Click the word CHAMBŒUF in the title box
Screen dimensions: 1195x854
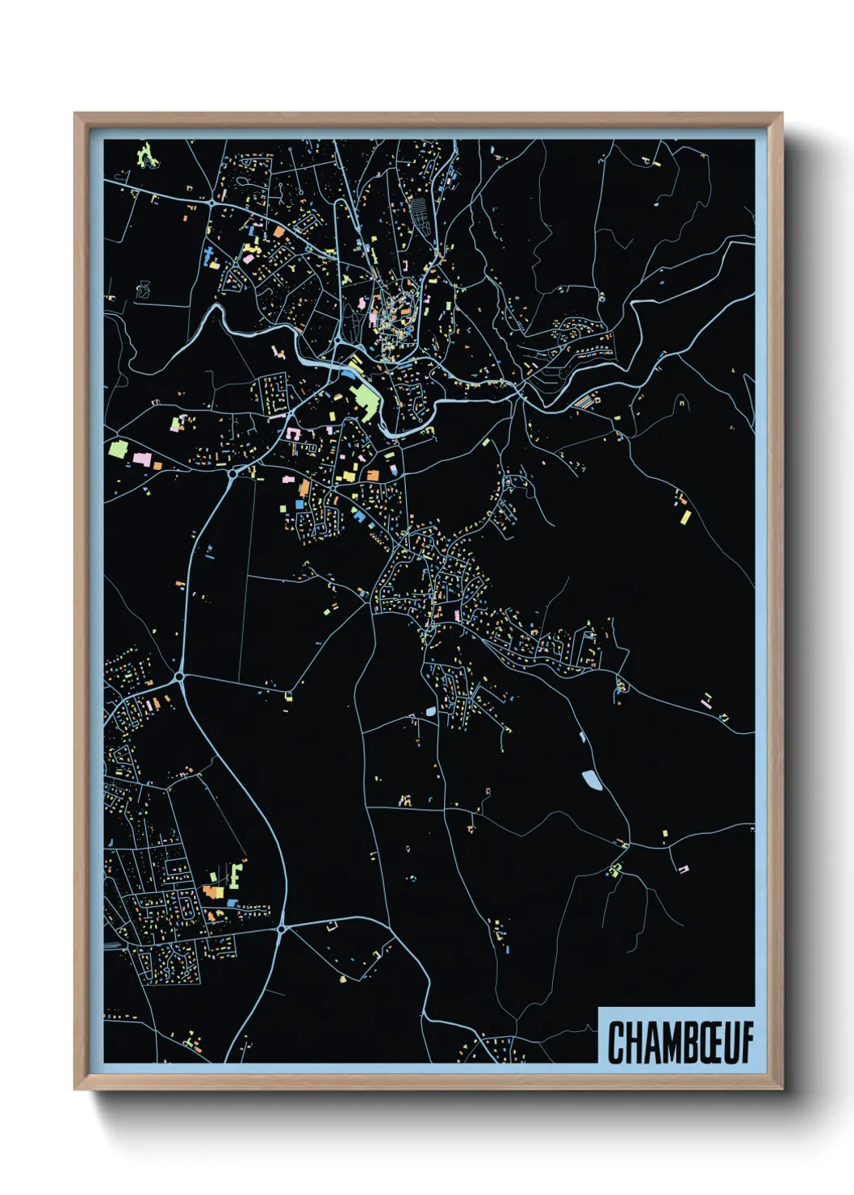tap(680, 1042)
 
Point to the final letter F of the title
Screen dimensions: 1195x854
tap(747, 1042)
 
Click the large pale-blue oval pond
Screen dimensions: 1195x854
tap(592, 780)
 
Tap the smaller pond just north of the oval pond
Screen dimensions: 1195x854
tap(581, 736)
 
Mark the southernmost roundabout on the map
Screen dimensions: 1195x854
tap(281, 929)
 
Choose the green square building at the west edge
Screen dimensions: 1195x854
tap(118, 449)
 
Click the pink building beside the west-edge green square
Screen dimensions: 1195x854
tap(142, 459)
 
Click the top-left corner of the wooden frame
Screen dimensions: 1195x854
tap(76, 115)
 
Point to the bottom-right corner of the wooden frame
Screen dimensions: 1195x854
tap(781, 1088)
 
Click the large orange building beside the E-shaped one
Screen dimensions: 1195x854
tap(212, 892)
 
